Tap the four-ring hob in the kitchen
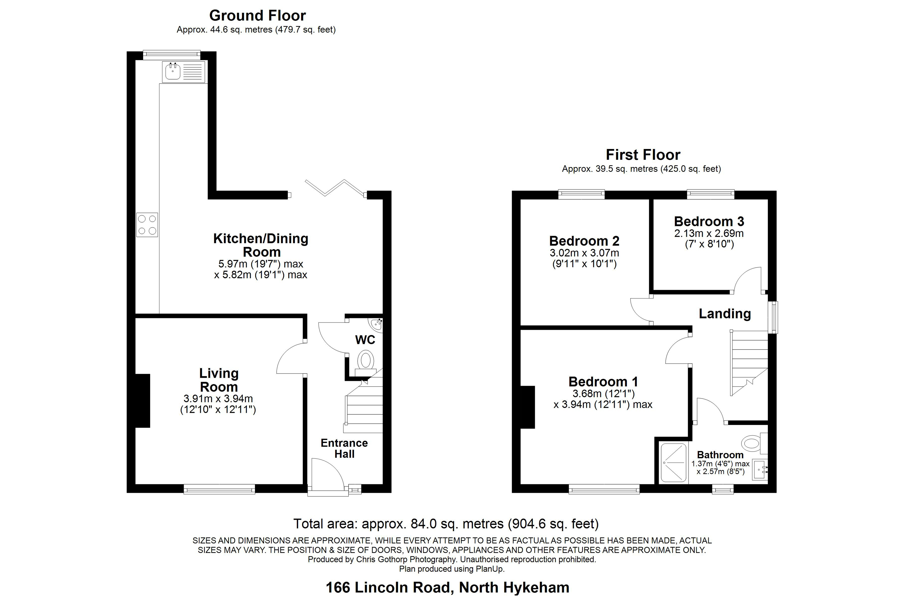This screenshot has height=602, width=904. click(x=147, y=224)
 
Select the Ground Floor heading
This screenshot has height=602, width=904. click(x=258, y=15)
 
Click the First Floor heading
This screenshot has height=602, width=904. click(x=643, y=155)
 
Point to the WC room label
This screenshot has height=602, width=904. click(x=365, y=340)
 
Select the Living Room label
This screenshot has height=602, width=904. click(x=219, y=380)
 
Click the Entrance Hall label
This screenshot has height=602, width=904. click(x=344, y=448)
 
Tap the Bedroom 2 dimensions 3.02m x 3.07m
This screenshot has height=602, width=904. click(x=584, y=253)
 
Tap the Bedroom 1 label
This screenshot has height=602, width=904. click(x=603, y=382)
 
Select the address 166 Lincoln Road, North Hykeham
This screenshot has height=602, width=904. click(x=447, y=587)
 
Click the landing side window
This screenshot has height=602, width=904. click(x=773, y=317)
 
